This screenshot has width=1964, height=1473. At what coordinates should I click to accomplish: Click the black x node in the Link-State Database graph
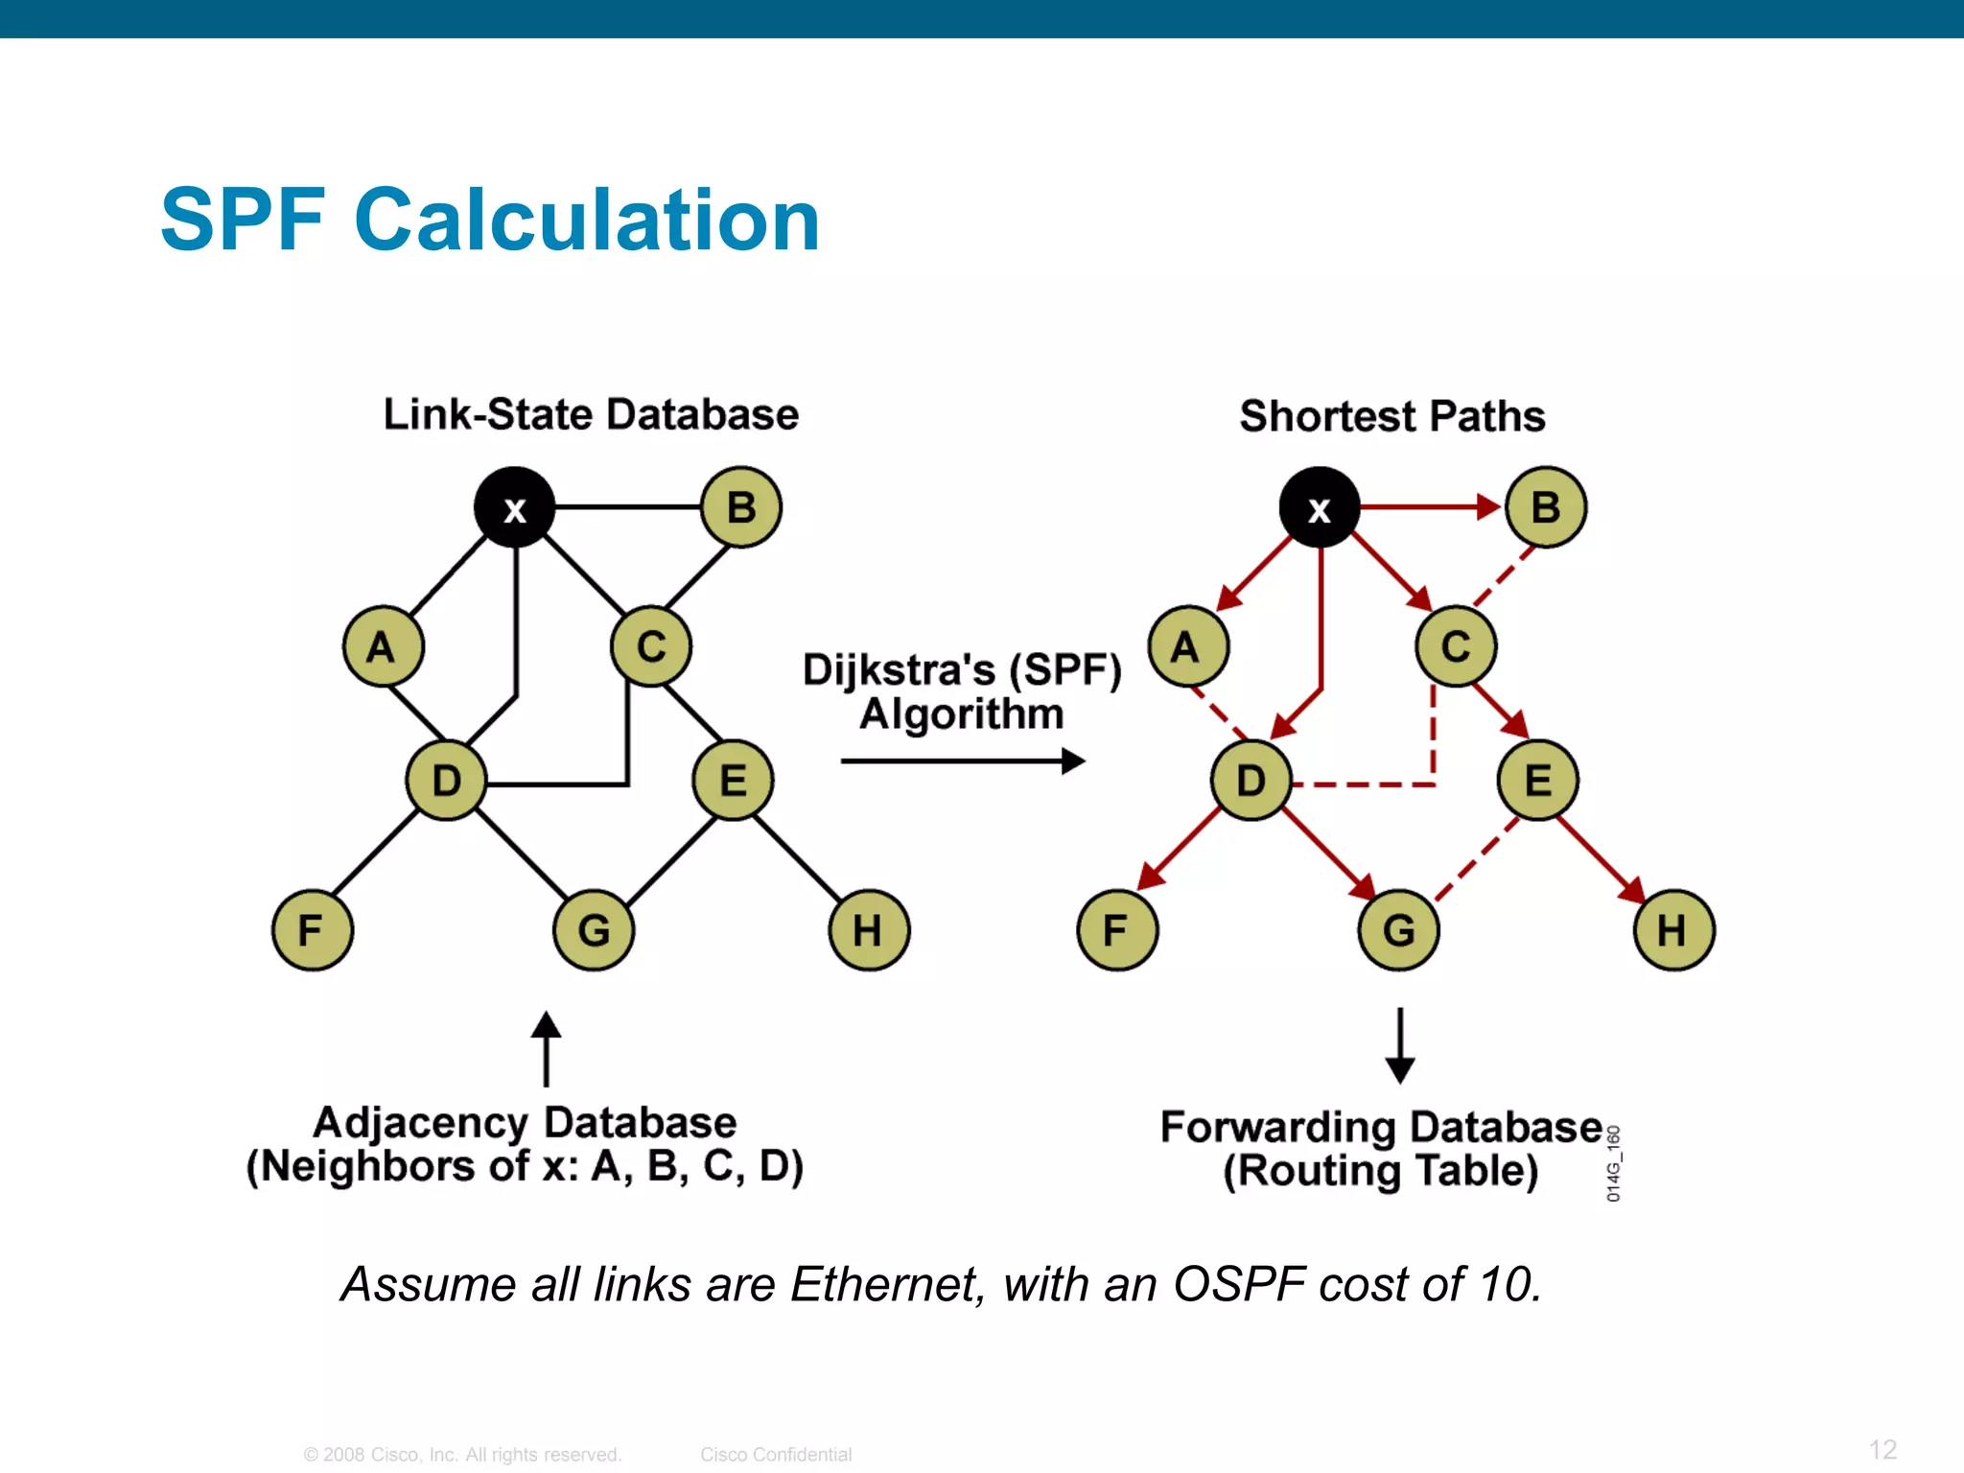(x=515, y=507)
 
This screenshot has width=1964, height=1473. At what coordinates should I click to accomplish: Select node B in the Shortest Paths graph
(x=1546, y=507)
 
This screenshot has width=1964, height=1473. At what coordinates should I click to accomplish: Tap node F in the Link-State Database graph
(x=313, y=929)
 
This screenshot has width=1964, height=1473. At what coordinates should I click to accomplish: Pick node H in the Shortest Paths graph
(x=1673, y=929)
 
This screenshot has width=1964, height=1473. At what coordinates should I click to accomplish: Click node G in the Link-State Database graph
(x=594, y=929)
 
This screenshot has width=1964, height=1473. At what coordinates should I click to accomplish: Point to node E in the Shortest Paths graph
(x=1538, y=780)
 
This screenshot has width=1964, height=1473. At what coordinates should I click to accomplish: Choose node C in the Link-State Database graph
(x=651, y=646)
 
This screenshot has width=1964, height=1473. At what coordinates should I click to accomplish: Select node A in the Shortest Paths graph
(x=1188, y=646)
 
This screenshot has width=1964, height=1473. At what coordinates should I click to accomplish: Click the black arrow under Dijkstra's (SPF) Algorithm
(x=962, y=761)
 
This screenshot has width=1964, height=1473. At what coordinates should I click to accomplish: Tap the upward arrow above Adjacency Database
(x=547, y=1048)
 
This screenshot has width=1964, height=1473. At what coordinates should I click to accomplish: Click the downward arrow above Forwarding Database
(x=1400, y=1045)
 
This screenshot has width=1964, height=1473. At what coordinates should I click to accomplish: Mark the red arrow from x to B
(x=1429, y=506)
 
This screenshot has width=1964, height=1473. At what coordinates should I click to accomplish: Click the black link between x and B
(x=628, y=506)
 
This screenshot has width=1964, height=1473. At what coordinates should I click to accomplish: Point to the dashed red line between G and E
(x=1477, y=859)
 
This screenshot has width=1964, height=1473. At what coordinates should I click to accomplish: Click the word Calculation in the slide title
(x=587, y=221)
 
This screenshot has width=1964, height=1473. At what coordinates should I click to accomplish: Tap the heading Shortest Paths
(x=1391, y=416)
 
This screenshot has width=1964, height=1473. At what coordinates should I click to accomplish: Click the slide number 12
(x=1882, y=1449)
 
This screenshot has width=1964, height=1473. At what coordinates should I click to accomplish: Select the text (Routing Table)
(x=1380, y=1171)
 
